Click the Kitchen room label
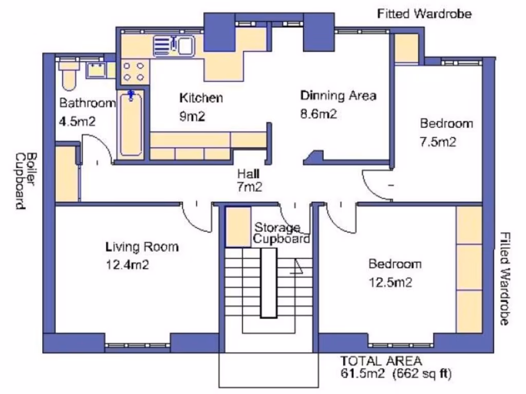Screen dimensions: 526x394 (x=201, y=98)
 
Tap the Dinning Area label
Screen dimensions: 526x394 (x=338, y=96)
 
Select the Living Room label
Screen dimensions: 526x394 (x=142, y=247)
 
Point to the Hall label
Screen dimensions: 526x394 (x=248, y=173)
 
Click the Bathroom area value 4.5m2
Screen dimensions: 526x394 (x=77, y=121)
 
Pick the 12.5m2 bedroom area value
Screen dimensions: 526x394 (x=390, y=283)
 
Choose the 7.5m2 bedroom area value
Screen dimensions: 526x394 (x=438, y=142)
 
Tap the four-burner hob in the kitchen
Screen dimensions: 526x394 (x=133, y=72)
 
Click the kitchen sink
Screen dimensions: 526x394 (x=174, y=46)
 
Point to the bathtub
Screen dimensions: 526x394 (x=131, y=124)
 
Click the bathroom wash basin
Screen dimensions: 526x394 (x=97, y=70)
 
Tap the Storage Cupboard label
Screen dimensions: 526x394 (x=281, y=233)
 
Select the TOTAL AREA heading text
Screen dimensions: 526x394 (x=381, y=361)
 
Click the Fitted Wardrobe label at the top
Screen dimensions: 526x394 (x=424, y=14)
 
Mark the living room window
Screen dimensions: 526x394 (x=138, y=345)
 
